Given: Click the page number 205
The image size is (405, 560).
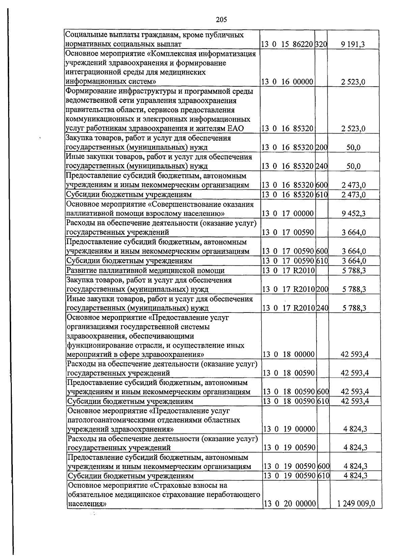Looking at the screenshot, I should coord(221,20).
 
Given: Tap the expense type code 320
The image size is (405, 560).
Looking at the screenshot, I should coord(321,44).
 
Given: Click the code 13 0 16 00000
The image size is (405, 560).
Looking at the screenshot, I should coord(288,82).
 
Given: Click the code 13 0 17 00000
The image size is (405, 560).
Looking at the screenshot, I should coord(288,213).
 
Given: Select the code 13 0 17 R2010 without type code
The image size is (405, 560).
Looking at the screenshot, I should coord(288,270).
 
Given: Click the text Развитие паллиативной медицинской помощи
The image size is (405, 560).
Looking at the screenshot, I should coord(145,270).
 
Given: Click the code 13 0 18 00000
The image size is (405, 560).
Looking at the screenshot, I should coord(289,354).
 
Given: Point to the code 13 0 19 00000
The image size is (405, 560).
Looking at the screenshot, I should coord(289,429).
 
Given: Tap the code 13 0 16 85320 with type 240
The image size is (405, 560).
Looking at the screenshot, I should coord(288,166).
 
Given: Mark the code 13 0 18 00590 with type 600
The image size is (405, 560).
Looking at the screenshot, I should coord(289,391).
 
